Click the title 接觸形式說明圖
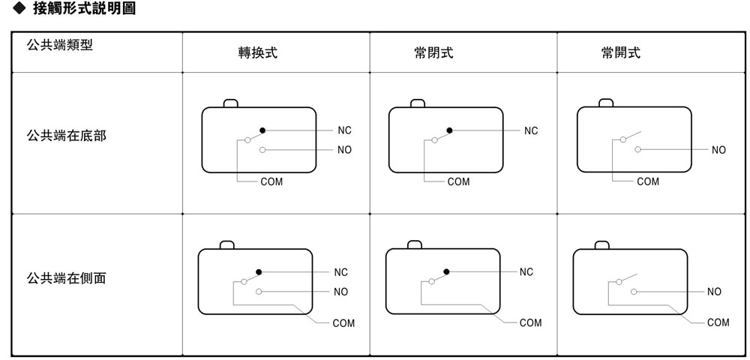[84, 8]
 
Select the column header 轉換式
[258, 52]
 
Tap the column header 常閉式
[433, 52]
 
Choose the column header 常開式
[621, 52]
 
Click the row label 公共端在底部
[67, 136]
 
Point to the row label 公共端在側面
[67, 277]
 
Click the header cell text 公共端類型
[60, 46]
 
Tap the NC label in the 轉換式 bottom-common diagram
[344, 130]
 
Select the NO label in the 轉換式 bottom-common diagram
[344, 150]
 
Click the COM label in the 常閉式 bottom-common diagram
[459, 181]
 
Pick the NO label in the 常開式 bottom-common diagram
[718, 150]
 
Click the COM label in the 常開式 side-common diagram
[718, 322]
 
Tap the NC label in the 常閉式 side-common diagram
[526, 272]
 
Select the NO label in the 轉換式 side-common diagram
[341, 292]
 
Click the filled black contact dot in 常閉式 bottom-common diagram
[449, 130]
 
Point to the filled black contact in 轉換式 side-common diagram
[259, 272]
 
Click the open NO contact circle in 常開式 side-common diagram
[634, 292]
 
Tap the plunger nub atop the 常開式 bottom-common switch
[606, 103]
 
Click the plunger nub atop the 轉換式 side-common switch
[226, 244]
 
